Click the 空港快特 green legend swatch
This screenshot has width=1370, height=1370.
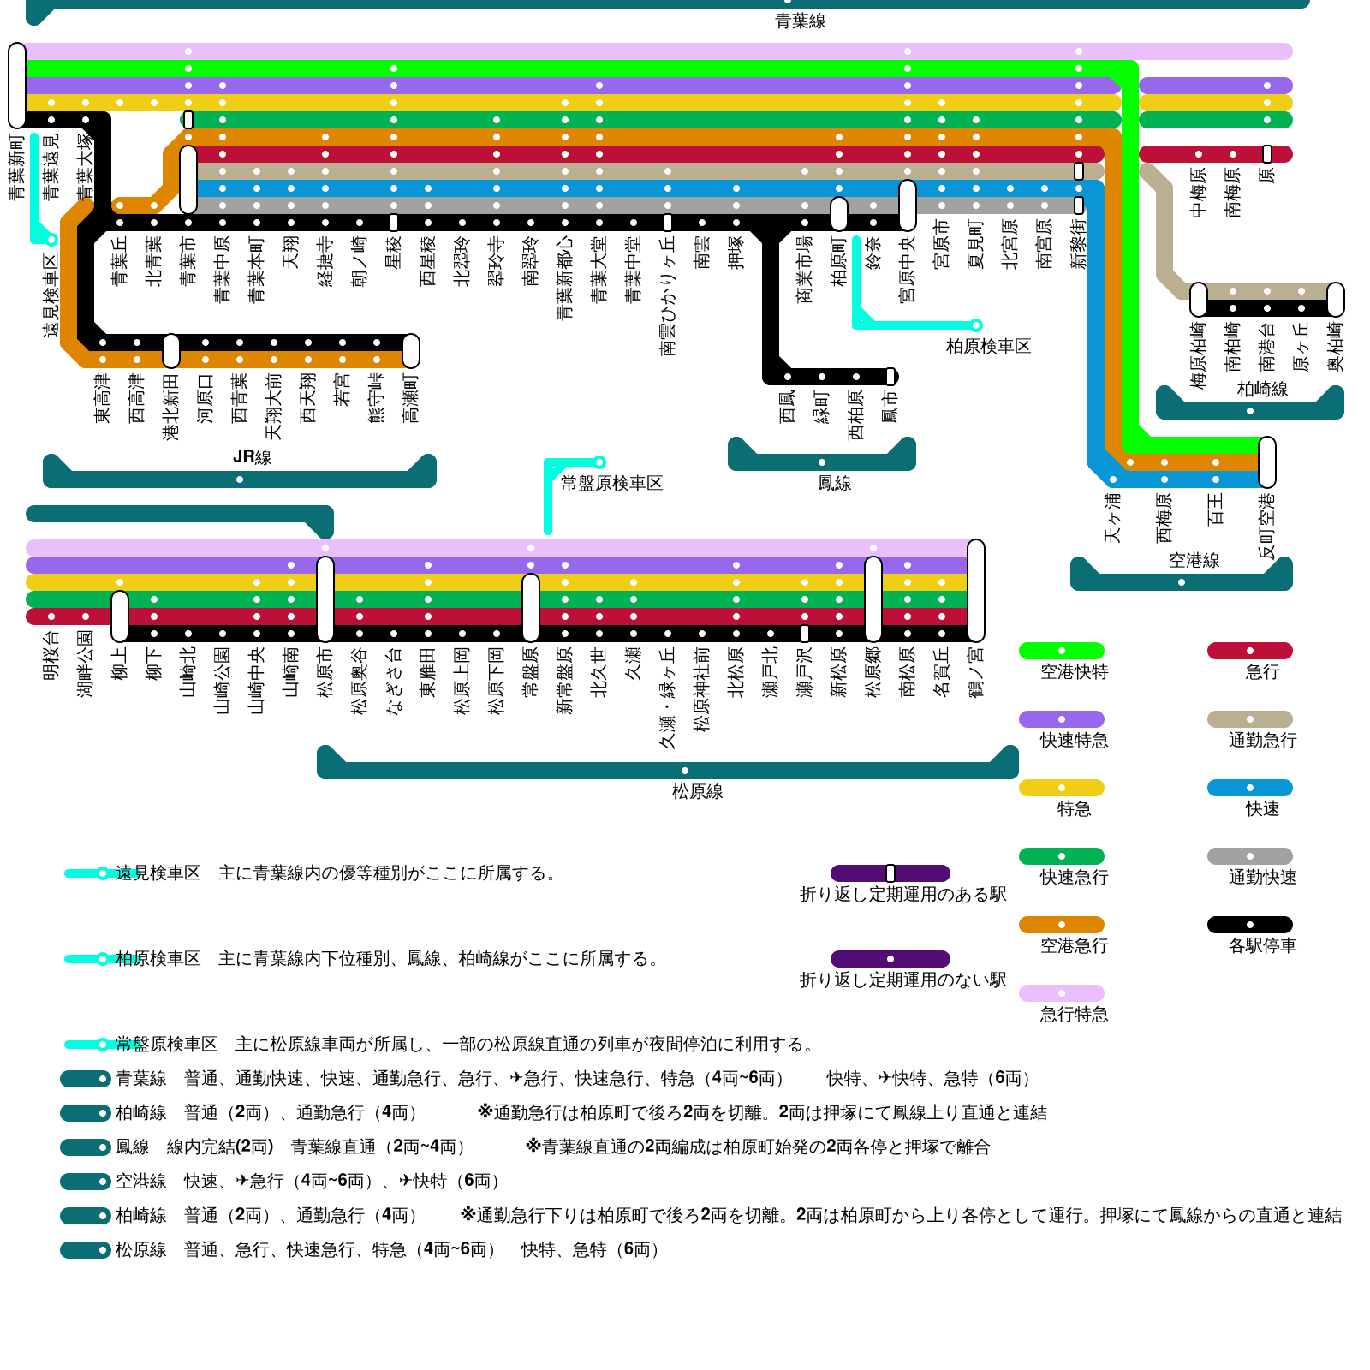click(1061, 651)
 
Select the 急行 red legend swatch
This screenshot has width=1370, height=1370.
click(1249, 651)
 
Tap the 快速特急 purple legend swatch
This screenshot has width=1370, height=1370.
click(1061, 719)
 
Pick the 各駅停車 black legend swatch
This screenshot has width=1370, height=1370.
click(1249, 925)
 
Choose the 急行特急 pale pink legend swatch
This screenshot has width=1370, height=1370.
click(1061, 993)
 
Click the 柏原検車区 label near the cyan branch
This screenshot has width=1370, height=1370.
click(988, 346)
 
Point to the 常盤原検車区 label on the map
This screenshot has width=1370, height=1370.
click(611, 483)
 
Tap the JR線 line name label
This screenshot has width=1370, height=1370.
click(252, 456)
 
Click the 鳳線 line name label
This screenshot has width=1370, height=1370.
click(834, 483)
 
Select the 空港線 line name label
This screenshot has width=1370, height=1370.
click(1194, 560)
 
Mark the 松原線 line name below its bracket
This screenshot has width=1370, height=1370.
click(697, 791)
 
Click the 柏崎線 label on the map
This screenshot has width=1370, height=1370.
click(1262, 389)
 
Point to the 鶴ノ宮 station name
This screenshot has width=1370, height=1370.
click(976, 671)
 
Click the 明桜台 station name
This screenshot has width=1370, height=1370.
click(51, 656)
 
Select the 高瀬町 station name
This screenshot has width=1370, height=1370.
click(411, 397)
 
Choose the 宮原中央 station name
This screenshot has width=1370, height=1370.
click(908, 269)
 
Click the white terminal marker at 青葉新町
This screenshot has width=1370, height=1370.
click(17, 86)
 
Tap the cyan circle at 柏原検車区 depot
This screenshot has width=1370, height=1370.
click(975, 325)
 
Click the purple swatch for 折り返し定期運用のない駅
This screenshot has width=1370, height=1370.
click(890, 959)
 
